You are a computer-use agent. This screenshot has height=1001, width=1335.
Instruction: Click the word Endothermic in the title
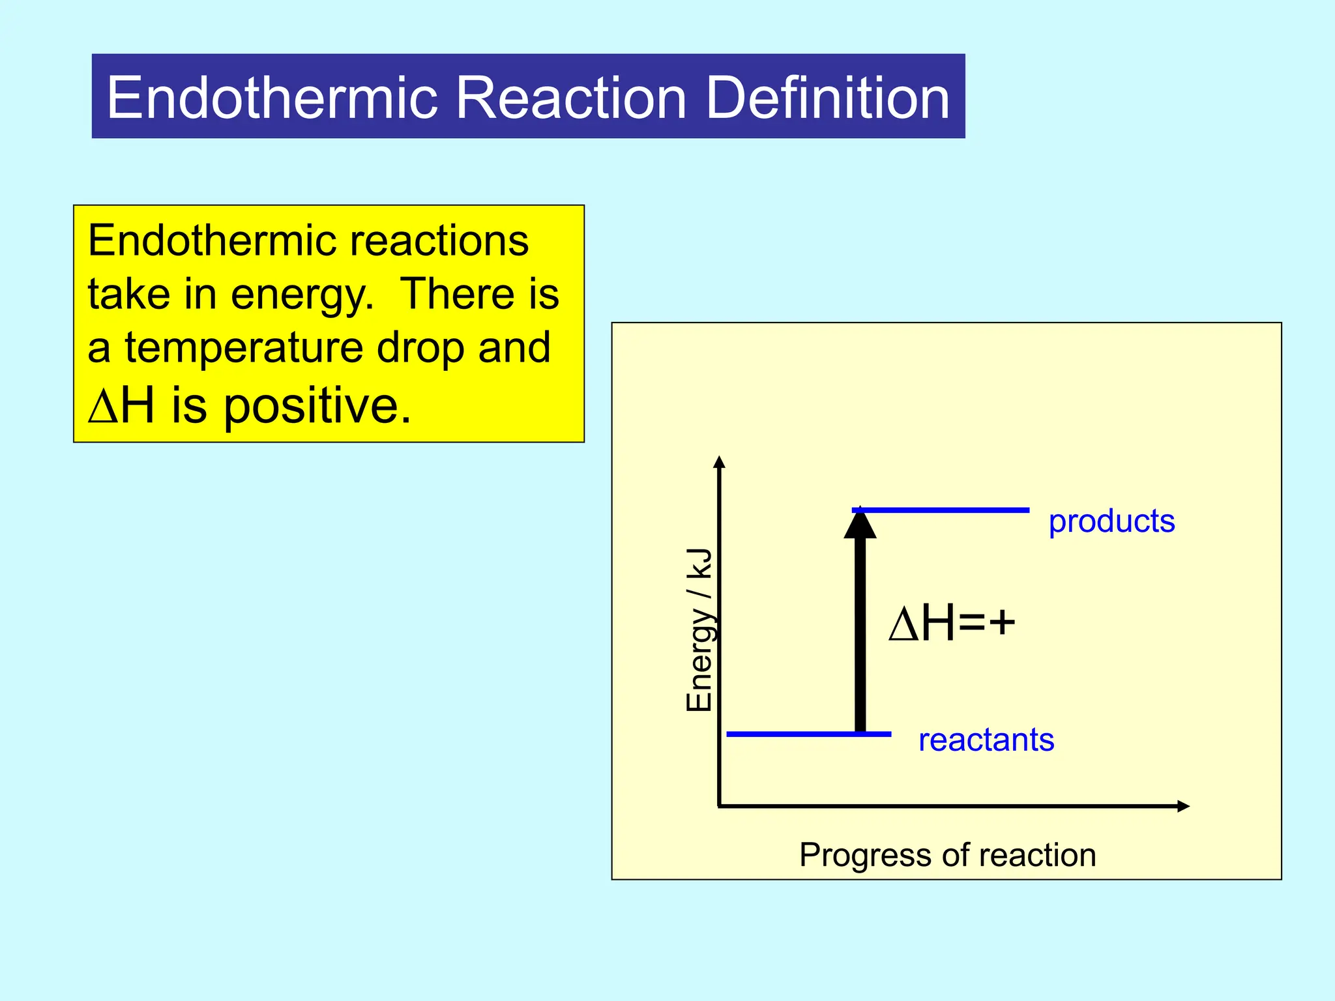tap(272, 98)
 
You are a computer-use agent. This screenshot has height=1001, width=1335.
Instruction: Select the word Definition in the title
tap(827, 98)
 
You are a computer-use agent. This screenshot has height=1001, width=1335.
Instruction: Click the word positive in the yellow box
tap(317, 405)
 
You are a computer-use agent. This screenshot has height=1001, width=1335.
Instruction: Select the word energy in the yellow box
tap(302, 295)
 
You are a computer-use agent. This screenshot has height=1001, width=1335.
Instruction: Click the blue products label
tap(1111, 521)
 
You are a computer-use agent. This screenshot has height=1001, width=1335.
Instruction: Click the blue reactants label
tap(986, 740)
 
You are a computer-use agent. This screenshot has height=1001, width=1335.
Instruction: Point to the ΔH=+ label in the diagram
tap(952, 623)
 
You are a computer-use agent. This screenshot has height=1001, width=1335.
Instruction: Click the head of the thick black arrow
tap(860, 524)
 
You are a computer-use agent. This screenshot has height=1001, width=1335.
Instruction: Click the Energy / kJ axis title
tap(699, 629)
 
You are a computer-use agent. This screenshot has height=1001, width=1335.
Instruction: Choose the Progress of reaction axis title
tap(947, 854)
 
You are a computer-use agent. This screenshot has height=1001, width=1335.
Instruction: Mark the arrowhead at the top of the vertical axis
tap(719, 462)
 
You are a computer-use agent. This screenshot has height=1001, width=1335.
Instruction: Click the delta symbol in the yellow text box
tap(102, 407)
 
